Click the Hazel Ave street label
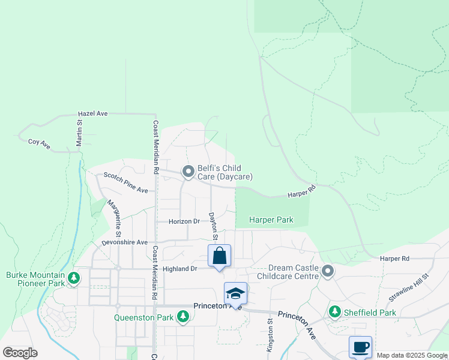(x=93, y=113)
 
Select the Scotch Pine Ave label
(x=125, y=182)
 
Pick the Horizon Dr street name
(x=184, y=221)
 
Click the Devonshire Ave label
(x=124, y=242)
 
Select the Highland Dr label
(x=180, y=269)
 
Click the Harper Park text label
(x=271, y=220)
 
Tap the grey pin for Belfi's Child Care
(x=188, y=172)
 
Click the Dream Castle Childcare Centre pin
(x=328, y=272)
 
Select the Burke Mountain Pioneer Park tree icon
(x=73, y=278)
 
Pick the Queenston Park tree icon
(x=182, y=316)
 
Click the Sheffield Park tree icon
(x=335, y=311)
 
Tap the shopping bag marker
(x=220, y=256)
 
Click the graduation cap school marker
(x=235, y=293)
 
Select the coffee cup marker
(x=360, y=347)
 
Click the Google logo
(x=20, y=352)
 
